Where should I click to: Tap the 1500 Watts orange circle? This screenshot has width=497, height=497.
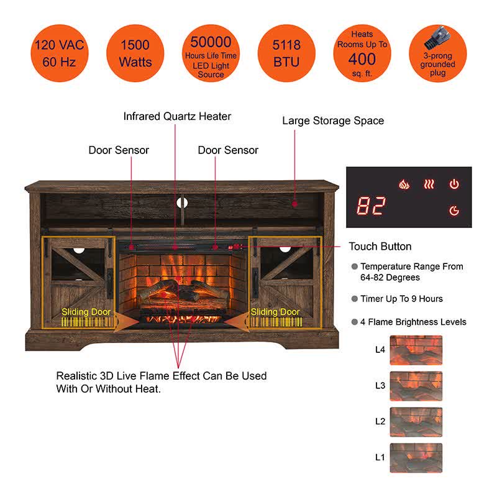point(134,53)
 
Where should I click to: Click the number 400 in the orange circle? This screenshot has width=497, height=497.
point(362,59)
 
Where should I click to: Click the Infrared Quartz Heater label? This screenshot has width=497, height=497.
point(177,116)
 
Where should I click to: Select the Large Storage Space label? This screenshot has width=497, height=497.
point(333,121)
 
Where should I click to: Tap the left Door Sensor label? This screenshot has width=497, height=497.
point(119,150)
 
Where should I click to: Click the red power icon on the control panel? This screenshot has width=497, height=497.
point(454,185)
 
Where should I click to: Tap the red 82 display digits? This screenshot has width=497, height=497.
point(371,206)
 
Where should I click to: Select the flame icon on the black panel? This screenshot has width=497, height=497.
point(404,185)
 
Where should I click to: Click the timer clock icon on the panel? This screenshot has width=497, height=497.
point(454,211)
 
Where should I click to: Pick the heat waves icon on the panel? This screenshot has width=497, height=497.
point(429,185)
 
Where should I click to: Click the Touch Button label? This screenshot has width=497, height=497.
point(380,247)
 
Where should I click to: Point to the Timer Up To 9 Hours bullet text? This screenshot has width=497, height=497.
point(401,299)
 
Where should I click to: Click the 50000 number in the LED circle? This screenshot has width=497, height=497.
point(211,42)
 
